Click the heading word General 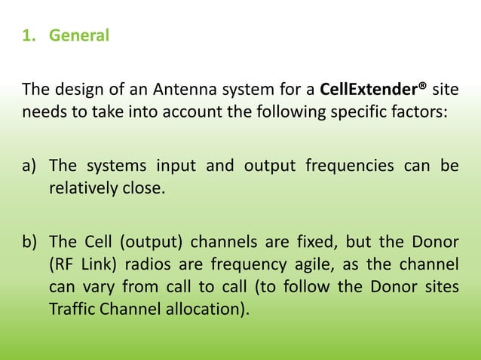pos(79,35)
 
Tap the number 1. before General pos(31,35)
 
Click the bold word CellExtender pos(369,91)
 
